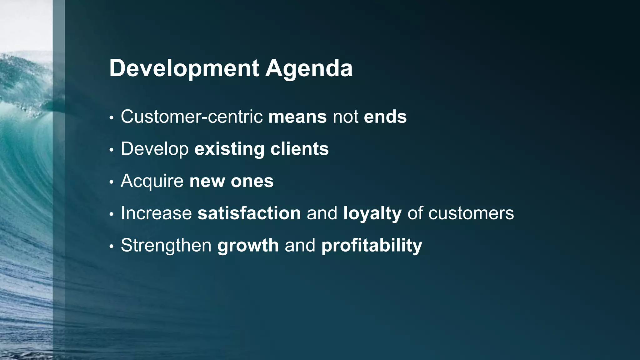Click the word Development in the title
(184, 68)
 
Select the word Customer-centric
(192, 117)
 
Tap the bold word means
(297, 117)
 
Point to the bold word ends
(385, 117)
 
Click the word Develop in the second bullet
(155, 149)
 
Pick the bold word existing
(229, 149)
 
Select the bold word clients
(299, 149)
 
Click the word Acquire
(152, 181)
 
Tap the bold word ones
(252, 181)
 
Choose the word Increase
(156, 213)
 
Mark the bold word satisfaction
(249, 213)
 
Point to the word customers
(471, 213)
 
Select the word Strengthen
(166, 246)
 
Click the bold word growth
(248, 246)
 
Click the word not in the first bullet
(345, 117)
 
